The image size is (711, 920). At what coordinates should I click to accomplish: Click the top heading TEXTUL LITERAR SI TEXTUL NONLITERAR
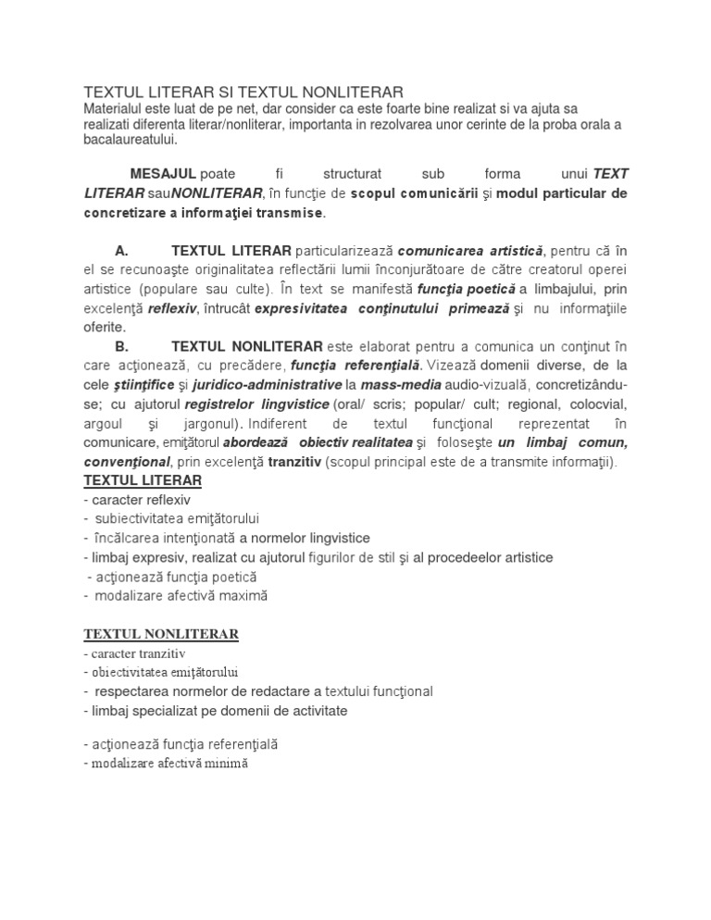point(243,92)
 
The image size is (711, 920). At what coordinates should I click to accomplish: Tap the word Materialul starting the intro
point(115,108)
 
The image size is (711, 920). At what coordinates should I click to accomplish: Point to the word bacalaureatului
point(129,140)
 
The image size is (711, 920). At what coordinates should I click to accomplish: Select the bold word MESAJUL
point(163,174)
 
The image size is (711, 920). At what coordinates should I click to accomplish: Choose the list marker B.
point(120,346)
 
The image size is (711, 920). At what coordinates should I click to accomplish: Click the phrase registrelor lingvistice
point(256,404)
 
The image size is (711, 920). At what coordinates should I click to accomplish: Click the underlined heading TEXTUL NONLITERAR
point(161,634)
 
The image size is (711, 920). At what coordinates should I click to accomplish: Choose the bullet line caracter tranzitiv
point(133,653)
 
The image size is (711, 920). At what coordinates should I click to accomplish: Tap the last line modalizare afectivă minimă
point(166,765)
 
